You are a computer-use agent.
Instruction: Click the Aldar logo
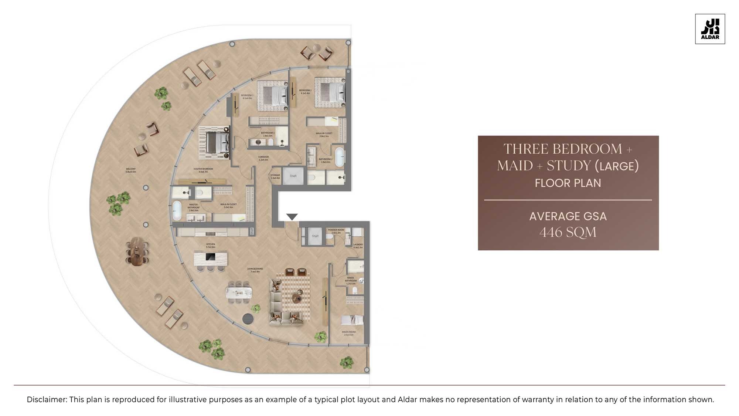click(x=710, y=29)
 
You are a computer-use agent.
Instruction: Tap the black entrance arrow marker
click(x=292, y=217)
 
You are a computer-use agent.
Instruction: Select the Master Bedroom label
click(x=203, y=170)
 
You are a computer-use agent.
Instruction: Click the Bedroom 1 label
click(x=247, y=97)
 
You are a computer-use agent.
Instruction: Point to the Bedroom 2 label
click(x=305, y=92)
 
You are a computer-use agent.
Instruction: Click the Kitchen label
click(x=211, y=246)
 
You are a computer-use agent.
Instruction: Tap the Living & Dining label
click(x=255, y=270)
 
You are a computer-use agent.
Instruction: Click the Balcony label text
click(x=131, y=170)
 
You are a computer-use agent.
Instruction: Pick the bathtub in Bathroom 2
click(x=339, y=157)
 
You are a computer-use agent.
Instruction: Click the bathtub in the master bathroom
click(x=177, y=210)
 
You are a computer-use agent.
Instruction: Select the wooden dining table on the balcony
click(x=137, y=251)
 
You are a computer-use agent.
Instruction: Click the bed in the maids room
click(x=352, y=320)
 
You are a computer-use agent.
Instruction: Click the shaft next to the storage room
click(x=293, y=176)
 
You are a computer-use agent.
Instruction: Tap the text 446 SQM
click(x=568, y=232)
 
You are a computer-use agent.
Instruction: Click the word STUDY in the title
click(x=569, y=166)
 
